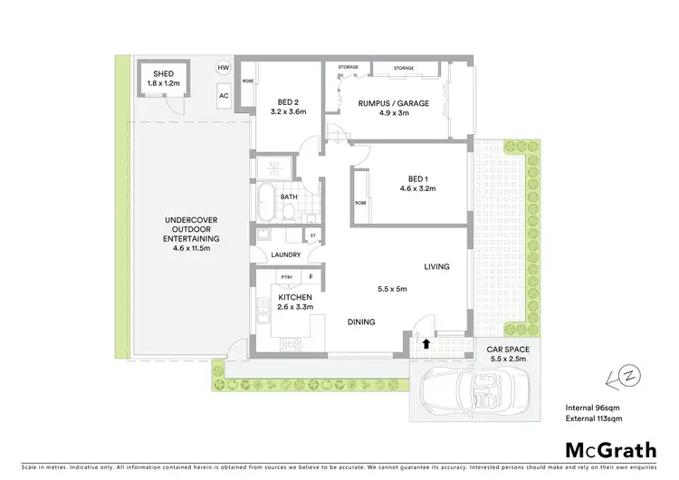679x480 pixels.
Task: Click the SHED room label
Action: coord(163,75)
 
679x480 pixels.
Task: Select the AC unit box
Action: coord(223,94)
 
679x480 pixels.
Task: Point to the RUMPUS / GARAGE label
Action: coord(392,103)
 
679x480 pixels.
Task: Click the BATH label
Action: coord(289,197)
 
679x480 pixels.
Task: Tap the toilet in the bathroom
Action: coord(287,213)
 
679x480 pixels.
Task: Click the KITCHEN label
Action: coord(295,297)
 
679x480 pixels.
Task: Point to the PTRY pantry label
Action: coord(286,278)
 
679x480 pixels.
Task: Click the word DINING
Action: coord(361,322)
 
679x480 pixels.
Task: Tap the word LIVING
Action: coord(436,266)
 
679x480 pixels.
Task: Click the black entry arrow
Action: coord(426,343)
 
